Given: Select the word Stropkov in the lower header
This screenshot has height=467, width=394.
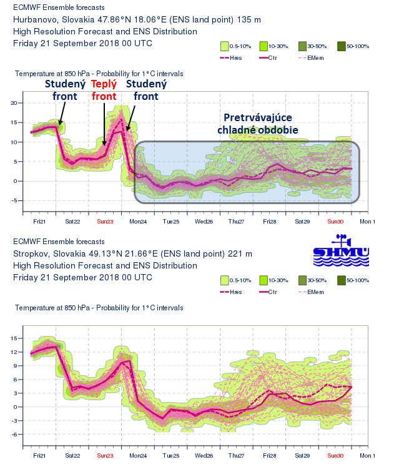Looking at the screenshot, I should click(32, 254).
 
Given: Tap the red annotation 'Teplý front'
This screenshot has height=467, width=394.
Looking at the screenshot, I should click(104, 90).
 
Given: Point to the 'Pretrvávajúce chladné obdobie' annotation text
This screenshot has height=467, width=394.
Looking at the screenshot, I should click(259, 124).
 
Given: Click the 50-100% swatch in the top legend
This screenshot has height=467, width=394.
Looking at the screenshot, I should click(342, 46).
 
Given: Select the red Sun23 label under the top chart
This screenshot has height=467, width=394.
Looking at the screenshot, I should click(106, 221).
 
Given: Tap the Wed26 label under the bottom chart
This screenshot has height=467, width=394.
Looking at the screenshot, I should click(204, 456).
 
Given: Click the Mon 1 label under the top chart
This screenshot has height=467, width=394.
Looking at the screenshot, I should click(367, 221).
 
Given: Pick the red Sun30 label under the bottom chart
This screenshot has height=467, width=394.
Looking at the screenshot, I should click(335, 456).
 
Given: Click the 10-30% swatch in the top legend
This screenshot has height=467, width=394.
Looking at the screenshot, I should click(264, 46).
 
